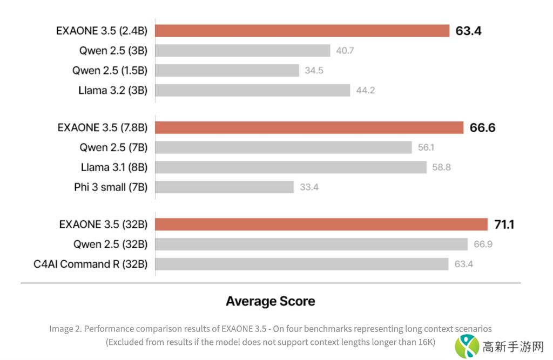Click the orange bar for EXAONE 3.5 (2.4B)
coord(302,31)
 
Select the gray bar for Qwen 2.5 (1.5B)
coord(227,70)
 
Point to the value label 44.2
coord(366,90)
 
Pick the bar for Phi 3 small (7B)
coord(225,187)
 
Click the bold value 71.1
coord(503,225)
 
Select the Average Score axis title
coord(270,301)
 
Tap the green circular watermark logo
coord(467,346)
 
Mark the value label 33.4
coord(309,187)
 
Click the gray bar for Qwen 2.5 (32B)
coord(312,244)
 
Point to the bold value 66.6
coord(482,128)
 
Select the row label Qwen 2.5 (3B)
coord(113,51)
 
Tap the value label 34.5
coord(314,71)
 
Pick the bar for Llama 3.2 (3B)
coord(253,90)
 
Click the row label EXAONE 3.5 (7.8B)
coord(103,128)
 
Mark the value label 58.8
coord(441,167)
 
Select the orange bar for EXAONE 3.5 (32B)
coord(322,225)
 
